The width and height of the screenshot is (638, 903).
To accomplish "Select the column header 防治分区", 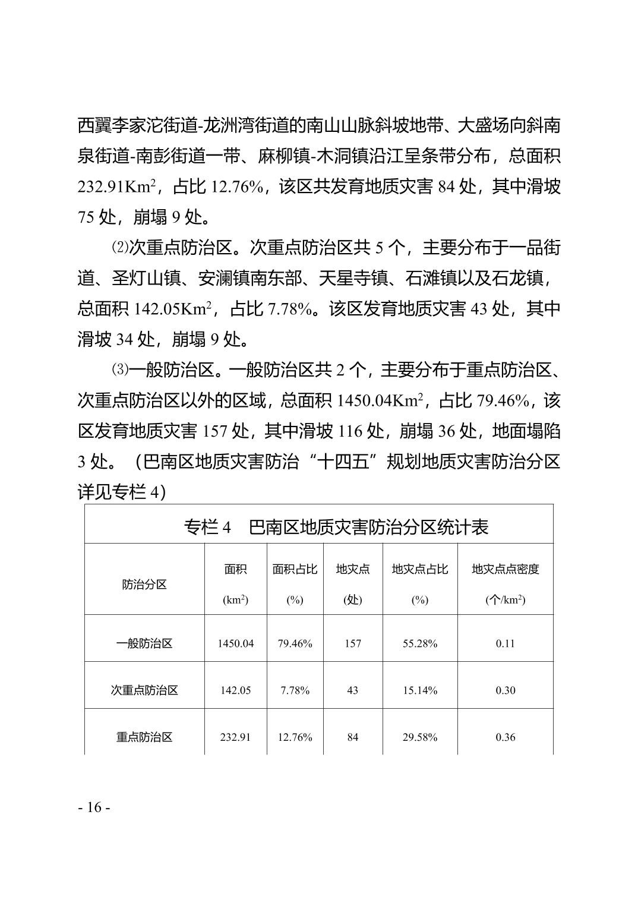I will click(x=144, y=584).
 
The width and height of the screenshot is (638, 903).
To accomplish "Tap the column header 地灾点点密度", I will click(x=505, y=569).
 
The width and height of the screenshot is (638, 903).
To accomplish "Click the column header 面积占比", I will click(x=295, y=569).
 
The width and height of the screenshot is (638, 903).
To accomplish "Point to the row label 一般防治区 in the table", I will click(x=144, y=643).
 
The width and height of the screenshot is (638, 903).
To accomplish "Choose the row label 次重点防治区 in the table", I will click(x=144, y=690).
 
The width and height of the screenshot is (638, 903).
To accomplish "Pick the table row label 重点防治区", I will click(x=144, y=737).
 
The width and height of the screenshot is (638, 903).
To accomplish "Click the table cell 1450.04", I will click(x=235, y=643).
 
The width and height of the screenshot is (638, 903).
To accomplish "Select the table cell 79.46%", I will click(x=295, y=643).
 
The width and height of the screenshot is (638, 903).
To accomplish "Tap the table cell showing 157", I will click(x=353, y=643).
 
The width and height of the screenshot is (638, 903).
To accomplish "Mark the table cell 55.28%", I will click(x=420, y=643).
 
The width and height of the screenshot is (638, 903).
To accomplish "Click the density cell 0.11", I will click(x=505, y=643).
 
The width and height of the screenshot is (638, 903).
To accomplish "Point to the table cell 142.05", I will click(x=235, y=690).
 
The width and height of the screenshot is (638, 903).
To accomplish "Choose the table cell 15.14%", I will click(x=420, y=690).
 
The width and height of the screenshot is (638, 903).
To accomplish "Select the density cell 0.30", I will click(x=505, y=690).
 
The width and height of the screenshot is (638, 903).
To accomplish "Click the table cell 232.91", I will click(x=235, y=737).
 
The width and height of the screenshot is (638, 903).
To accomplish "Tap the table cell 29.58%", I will click(x=420, y=737).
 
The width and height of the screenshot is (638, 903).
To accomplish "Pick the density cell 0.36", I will click(x=505, y=737).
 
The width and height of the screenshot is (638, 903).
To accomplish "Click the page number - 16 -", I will click(x=94, y=807).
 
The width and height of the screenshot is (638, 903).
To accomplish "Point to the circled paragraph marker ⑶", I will click(x=120, y=370).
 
